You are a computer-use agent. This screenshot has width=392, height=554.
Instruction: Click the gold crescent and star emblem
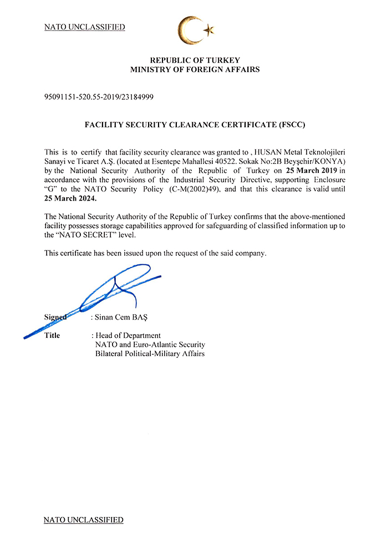click(x=195, y=31)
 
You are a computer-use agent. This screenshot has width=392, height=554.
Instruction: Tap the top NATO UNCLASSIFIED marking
click(x=84, y=27)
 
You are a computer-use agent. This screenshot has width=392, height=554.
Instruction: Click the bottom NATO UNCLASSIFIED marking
click(x=83, y=520)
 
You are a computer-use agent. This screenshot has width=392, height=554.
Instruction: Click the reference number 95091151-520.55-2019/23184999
click(x=99, y=98)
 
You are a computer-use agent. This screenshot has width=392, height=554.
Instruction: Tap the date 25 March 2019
click(x=312, y=171)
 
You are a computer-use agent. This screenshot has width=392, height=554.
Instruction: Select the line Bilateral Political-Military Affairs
click(x=150, y=353)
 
